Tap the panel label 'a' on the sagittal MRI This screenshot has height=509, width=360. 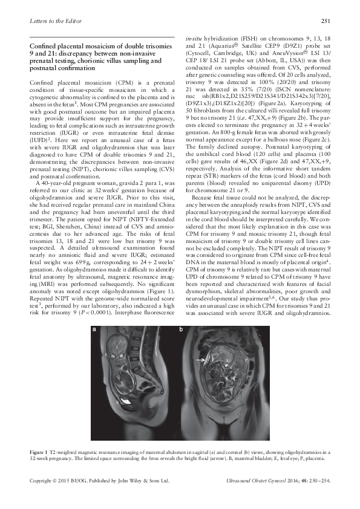[94, 330]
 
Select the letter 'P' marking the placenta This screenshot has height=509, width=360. [246, 359]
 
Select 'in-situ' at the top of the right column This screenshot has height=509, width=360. [193, 37]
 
